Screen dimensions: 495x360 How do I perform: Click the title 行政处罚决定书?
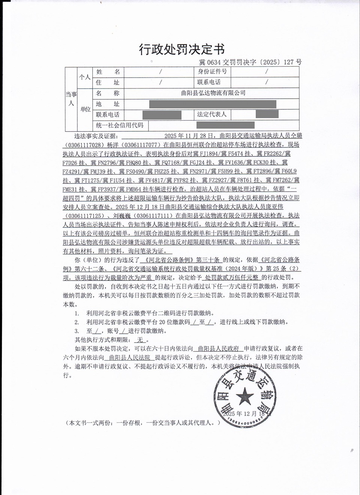pos(182,49)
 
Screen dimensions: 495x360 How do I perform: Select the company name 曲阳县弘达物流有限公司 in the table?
pos(213,93)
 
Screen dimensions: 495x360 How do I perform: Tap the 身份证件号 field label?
pos(212,71)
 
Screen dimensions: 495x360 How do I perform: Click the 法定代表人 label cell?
pos(212,114)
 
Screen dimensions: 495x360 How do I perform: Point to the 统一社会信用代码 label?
pos(120,125)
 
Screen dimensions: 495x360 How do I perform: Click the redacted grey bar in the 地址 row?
pos(213,104)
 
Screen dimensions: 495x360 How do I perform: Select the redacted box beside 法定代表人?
pos(267,114)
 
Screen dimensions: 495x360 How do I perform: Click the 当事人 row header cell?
pos(71,99)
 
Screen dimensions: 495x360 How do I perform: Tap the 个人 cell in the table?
pos(85,77)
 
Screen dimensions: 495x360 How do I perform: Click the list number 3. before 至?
pos(76,331)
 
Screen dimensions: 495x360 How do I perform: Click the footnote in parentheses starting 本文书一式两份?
pos(142,423)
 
